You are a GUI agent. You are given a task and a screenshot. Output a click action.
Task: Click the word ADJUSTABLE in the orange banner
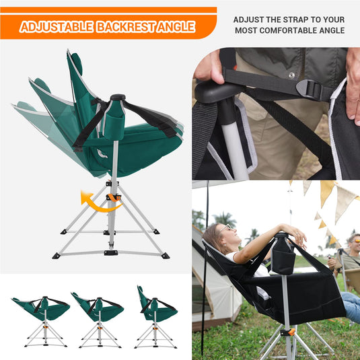click(x=57, y=27)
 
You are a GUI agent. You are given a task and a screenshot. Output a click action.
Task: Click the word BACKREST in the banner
click(x=125, y=27)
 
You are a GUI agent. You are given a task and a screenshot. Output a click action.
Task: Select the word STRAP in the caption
click(x=295, y=20)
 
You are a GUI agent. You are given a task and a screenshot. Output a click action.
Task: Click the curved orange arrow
click(x=100, y=203)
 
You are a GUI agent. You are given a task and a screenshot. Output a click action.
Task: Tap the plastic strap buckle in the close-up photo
click(x=310, y=89)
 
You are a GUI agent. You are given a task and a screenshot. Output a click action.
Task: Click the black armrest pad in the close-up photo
click(x=218, y=92)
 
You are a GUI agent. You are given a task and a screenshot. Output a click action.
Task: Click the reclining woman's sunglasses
click(x=225, y=227)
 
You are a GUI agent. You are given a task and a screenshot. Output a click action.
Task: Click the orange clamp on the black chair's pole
click(x=287, y=332)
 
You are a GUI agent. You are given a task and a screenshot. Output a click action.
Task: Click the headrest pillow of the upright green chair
click(x=77, y=61)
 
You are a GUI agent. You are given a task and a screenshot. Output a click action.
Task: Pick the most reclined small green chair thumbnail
click(x=41, y=322)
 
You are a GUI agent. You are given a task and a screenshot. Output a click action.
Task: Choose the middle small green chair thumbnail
click(x=98, y=320)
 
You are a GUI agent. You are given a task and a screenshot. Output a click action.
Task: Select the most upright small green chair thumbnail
click(x=156, y=317)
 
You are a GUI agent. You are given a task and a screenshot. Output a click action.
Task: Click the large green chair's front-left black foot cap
click(x=57, y=256)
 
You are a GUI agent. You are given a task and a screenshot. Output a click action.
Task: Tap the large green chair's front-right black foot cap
click(x=166, y=256)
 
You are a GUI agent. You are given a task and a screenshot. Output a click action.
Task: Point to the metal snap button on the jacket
click(x=291, y=75)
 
